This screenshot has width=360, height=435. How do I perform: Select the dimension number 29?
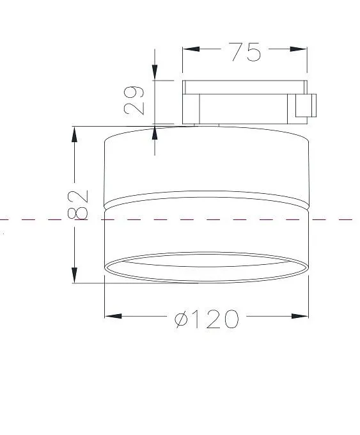(x=134, y=100)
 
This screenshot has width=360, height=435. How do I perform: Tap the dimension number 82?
(x=78, y=205)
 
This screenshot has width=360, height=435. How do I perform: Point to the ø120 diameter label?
(x=207, y=319)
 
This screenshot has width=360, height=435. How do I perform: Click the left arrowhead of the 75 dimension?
(x=191, y=49)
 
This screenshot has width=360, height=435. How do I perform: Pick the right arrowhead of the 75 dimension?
(x=299, y=49)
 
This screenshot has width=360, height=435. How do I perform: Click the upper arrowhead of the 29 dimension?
(x=155, y=72)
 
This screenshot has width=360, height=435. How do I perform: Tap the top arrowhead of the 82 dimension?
(x=74, y=134)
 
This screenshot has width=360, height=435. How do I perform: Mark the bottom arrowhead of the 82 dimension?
(x=74, y=275)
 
